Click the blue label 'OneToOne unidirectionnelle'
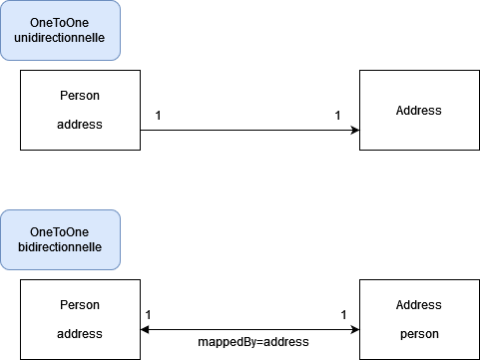(60, 30)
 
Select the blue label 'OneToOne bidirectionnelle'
(60, 239)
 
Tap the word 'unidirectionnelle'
(60, 38)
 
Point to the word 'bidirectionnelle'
(60, 247)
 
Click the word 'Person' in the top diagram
(80, 96)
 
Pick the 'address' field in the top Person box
(80, 125)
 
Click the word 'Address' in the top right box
(419, 110)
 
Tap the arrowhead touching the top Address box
(355, 130)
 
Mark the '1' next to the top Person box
(158, 117)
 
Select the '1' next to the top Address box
(338, 117)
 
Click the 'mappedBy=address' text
(253, 341)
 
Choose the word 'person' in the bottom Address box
(419, 334)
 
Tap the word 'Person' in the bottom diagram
(80, 305)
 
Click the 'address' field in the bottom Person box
(80, 334)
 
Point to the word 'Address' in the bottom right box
(419, 305)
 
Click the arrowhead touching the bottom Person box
(146, 329)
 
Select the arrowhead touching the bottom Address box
(354, 329)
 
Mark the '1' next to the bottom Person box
(149, 315)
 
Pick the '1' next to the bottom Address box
(343, 315)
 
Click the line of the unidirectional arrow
(249, 130)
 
